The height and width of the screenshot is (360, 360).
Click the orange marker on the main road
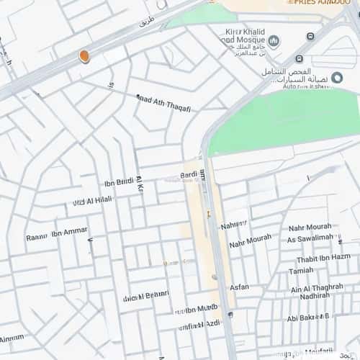(84, 55)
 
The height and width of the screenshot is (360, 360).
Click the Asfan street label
(239, 287)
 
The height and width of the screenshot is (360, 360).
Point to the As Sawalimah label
(310, 238)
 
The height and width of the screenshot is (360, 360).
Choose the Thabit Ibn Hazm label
(323, 258)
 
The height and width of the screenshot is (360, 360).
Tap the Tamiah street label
(301, 271)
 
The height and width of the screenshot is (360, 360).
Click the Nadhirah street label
(315, 296)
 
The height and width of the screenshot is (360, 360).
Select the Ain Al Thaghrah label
(317, 287)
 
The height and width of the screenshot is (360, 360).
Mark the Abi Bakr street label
(307, 318)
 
